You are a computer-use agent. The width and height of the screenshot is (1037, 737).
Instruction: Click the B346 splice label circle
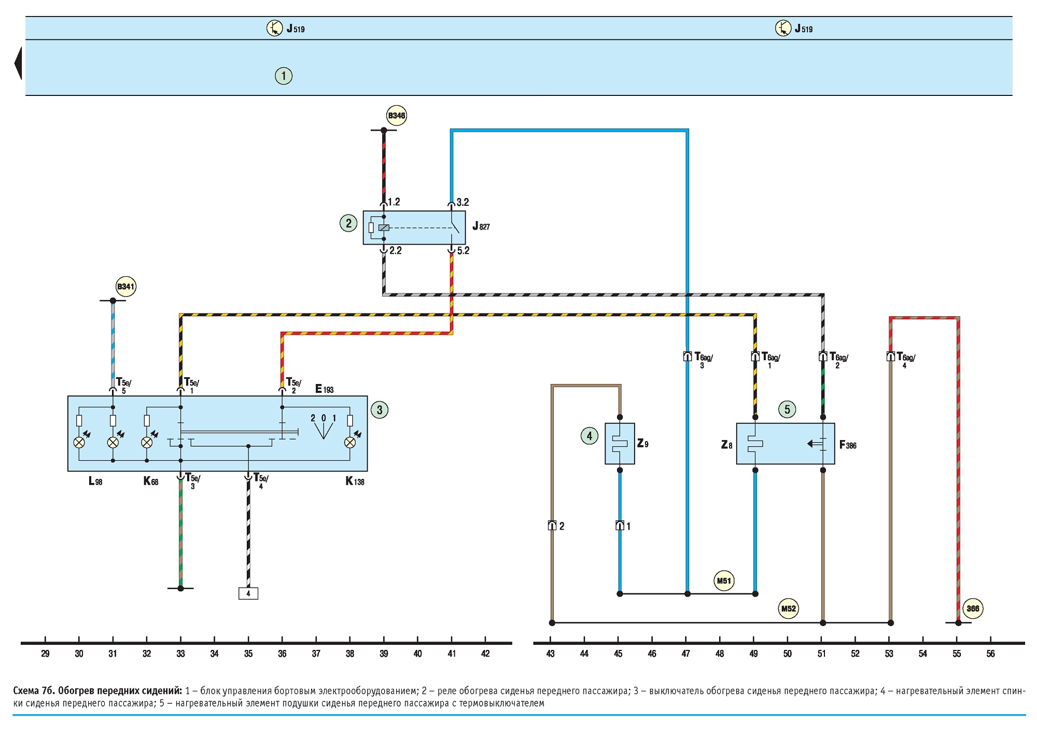pyautogui.click(x=397, y=116)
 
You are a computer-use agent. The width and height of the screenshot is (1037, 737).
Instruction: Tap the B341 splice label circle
pyautogui.click(x=125, y=287)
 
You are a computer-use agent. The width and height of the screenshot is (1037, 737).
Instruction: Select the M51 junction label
pyautogui.click(x=724, y=580)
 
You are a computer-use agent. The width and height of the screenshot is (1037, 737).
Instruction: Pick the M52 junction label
pyautogui.click(x=788, y=608)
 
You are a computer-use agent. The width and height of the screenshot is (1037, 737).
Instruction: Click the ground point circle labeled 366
pyautogui.click(x=973, y=608)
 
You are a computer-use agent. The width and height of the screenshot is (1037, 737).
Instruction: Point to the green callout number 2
pyautogui.click(x=348, y=223)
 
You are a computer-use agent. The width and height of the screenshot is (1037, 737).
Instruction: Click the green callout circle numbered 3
pyautogui.click(x=380, y=410)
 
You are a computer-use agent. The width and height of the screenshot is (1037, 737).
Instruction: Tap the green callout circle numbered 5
pyautogui.click(x=787, y=409)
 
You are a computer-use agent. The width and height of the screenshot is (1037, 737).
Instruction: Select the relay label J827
pyautogui.click(x=481, y=226)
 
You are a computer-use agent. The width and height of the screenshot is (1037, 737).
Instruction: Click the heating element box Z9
pyautogui.click(x=620, y=444)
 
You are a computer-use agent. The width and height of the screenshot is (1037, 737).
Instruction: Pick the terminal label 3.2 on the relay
pyautogui.click(x=463, y=202)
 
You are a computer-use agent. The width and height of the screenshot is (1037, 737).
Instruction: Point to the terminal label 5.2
pyautogui.click(x=463, y=251)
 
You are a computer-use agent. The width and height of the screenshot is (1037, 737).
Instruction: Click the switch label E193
pyautogui.click(x=325, y=389)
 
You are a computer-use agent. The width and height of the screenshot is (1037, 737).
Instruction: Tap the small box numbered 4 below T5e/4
pyautogui.click(x=248, y=593)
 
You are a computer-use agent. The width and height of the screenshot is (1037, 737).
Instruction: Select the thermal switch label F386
pyautogui.click(x=848, y=445)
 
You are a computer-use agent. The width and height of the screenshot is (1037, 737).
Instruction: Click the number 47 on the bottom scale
pyautogui.click(x=686, y=654)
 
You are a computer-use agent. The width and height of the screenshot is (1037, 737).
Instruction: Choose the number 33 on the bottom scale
pyautogui.click(x=180, y=654)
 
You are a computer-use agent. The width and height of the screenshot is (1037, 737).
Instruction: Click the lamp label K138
pyautogui.click(x=355, y=481)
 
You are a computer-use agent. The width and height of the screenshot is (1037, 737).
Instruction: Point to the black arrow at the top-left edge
pyautogui.click(x=18, y=63)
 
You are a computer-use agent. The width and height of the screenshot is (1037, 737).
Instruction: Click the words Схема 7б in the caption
pyautogui.click(x=34, y=691)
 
